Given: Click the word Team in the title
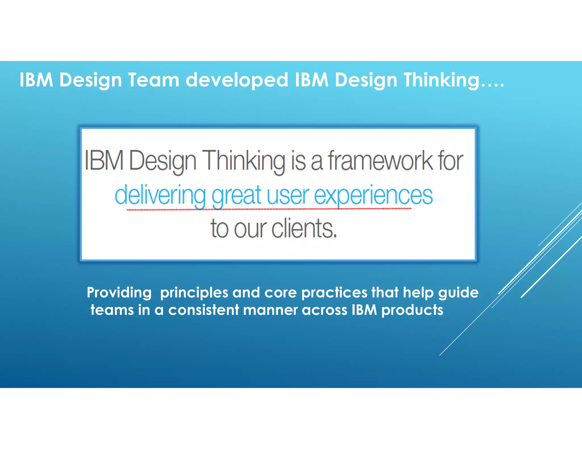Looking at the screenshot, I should point(153,80).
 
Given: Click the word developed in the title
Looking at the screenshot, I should point(237,80).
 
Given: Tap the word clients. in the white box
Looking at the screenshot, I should point(304,229).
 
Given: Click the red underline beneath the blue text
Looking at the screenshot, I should point(269,209).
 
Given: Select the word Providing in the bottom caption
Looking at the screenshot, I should point(119,293).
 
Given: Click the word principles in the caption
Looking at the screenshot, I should point(194,293).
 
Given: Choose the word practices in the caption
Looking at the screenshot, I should point(334,293).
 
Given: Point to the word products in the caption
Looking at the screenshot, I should point(412,310).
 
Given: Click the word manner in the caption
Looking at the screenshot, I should point(270,310).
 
